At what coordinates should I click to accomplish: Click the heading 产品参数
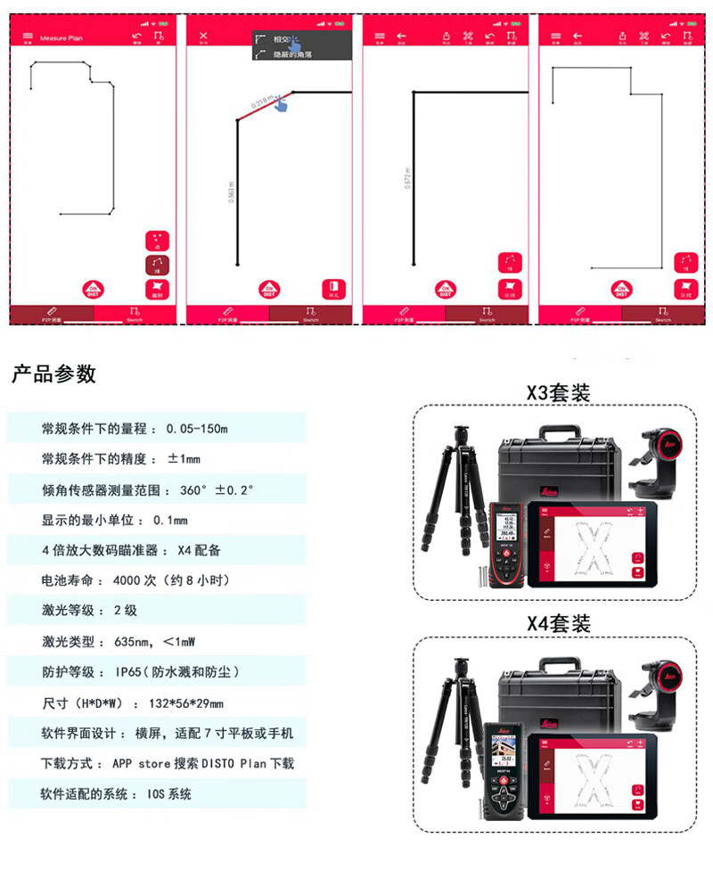(x=53, y=374)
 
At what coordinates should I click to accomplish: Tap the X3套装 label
(x=558, y=392)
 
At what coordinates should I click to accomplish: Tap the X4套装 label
(x=558, y=623)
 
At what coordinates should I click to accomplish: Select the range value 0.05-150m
(x=197, y=429)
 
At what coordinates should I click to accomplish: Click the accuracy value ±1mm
(x=184, y=459)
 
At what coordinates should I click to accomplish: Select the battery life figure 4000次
(x=135, y=580)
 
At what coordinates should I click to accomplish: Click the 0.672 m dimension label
(x=407, y=180)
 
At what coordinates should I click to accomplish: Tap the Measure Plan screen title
(x=61, y=38)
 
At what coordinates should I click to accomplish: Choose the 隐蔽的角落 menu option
(x=295, y=54)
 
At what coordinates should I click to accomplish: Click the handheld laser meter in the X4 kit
(x=506, y=771)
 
